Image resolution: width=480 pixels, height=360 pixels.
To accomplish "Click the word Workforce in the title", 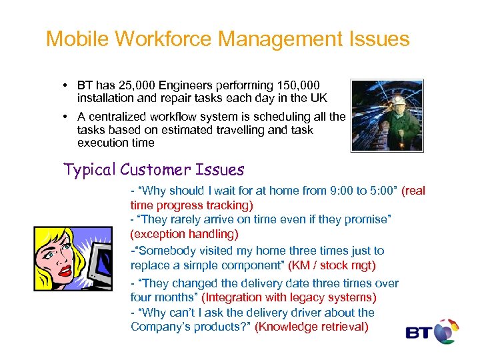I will [164, 39].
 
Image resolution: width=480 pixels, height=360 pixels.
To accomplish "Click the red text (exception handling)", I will [185, 234].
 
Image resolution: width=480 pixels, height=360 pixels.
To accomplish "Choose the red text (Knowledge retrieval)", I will [311, 327].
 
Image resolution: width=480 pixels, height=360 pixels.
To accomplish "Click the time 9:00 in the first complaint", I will [342, 191].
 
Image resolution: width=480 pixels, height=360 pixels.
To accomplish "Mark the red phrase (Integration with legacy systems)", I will [289, 297].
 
